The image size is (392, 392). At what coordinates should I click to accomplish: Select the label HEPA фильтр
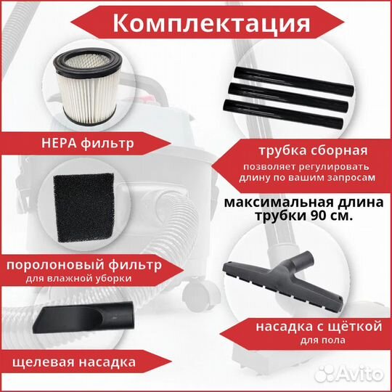88,143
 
